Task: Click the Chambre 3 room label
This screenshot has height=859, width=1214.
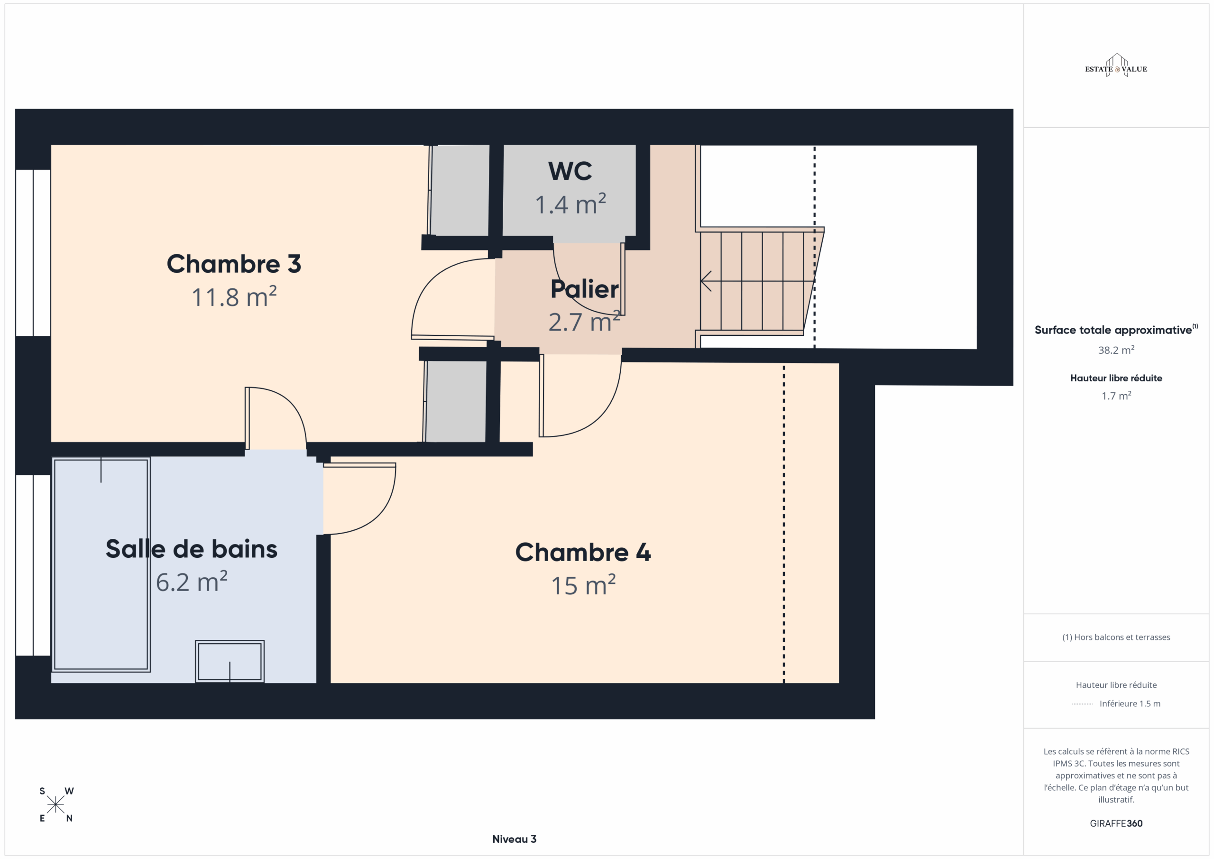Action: [234, 263]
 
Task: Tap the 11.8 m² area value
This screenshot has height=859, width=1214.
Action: [234, 297]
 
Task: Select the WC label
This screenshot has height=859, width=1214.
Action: [570, 171]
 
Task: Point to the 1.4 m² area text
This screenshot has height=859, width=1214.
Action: [570, 204]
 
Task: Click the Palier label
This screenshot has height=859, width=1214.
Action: [584, 289]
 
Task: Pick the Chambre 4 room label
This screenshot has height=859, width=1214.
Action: [583, 552]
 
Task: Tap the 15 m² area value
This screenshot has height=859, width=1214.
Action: [583, 585]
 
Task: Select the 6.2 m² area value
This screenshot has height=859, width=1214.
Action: [192, 582]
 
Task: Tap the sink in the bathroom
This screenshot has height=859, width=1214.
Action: [230, 661]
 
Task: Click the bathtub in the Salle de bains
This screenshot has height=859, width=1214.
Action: [101, 564]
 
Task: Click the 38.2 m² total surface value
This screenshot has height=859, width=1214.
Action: [1116, 350]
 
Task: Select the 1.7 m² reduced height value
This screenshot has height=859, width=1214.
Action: [1116, 396]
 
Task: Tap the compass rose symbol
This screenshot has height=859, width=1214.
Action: [55, 804]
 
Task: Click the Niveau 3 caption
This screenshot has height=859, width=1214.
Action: [514, 839]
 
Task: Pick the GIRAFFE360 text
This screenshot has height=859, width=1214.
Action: [1116, 823]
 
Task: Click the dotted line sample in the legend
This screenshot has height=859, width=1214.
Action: [1082, 704]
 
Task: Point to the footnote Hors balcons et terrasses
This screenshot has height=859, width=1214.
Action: [1116, 637]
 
